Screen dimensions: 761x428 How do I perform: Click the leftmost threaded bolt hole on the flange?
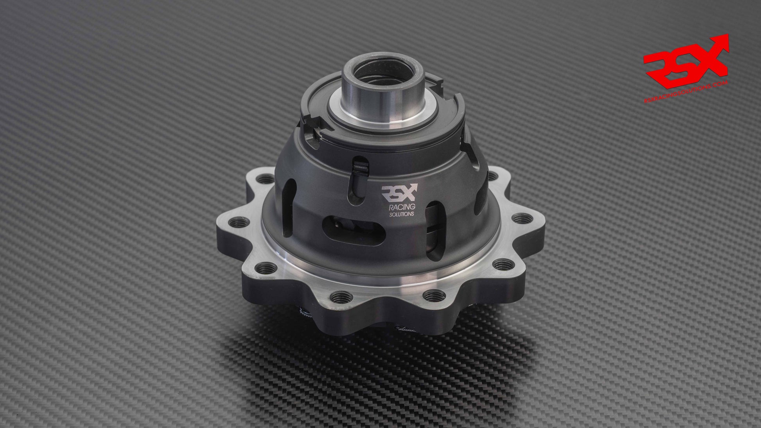229,224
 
